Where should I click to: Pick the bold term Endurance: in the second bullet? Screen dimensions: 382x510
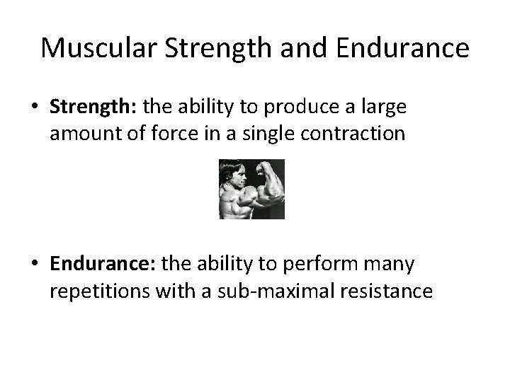103,264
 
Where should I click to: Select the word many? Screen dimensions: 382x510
397,264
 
